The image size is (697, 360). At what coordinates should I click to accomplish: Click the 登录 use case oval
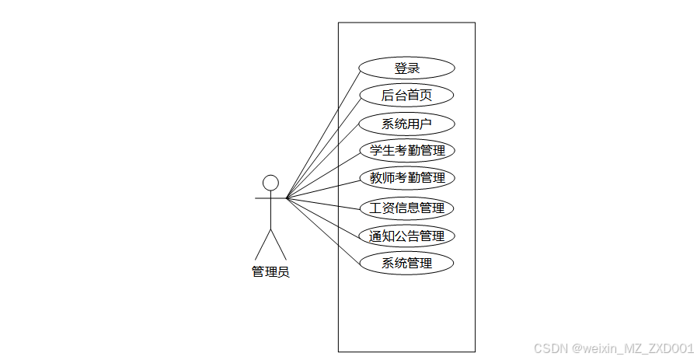point(406,68)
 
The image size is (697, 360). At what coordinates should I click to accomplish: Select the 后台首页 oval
point(406,96)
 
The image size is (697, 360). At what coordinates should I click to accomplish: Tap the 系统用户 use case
point(406,124)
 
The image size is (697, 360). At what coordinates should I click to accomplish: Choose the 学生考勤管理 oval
point(406,150)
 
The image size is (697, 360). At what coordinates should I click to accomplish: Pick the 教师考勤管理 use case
point(406,178)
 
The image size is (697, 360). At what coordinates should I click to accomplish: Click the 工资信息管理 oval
point(406,208)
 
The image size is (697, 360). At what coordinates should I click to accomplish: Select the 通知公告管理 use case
point(406,236)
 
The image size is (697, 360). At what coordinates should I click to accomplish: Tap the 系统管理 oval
point(406,263)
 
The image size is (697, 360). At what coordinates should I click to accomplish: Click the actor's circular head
point(270,183)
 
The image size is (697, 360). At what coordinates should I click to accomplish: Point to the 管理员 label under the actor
point(270,272)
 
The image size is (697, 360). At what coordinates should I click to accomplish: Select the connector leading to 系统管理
point(323,229)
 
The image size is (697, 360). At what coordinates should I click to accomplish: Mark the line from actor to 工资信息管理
point(323,203)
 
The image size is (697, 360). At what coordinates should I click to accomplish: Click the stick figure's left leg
point(263,245)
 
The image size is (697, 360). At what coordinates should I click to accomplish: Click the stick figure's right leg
point(278,245)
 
